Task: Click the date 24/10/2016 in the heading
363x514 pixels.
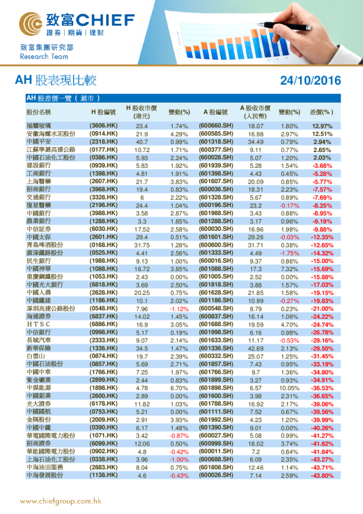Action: (310, 81)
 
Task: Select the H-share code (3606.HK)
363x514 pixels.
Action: (103, 126)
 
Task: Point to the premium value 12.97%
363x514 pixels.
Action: (322, 126)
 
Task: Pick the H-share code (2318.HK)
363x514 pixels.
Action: (103, 142)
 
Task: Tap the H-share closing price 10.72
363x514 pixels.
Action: (142, 150)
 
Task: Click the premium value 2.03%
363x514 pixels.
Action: (322, 157)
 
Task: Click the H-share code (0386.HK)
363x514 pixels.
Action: (103, 157)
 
